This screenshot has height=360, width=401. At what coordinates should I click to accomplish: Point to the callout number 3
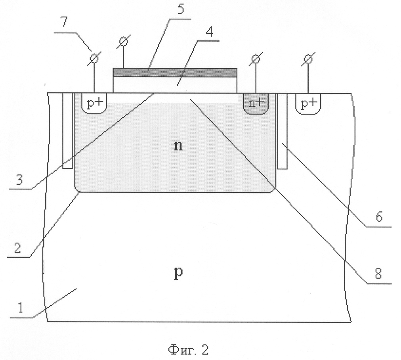click(x=19, y=179)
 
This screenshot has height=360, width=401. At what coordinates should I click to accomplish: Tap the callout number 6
click(x=379, y=217)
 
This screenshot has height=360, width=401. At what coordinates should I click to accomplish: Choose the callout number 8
click(x=378, y=274)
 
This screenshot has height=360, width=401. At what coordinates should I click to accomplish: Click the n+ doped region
click(x=256, y=103)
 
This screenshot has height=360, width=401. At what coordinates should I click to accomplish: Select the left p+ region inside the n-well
click(x=94, y=103)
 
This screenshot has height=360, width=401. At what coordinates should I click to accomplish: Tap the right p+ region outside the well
click(x=308, y=103)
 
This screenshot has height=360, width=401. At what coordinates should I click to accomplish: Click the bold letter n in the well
click(x=178, y=146)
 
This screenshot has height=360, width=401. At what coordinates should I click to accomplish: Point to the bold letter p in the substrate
click(x=178, y=274)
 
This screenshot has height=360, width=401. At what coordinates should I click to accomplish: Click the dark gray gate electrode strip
click(x=175, y=73)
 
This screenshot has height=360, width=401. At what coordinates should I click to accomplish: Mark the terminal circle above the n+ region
click(x=256, y=59)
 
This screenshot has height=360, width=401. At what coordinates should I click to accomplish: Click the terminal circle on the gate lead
click(x=124, y=41)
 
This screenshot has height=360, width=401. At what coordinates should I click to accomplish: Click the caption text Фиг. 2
click(x=189, y=350)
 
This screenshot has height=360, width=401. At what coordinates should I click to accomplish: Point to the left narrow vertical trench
click(x=67, y=131)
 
